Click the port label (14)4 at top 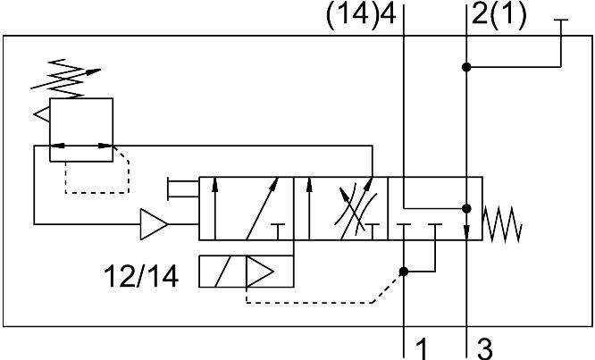click(x=361, y=16)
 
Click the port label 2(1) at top click(x=499, y=16)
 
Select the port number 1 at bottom click(x=422, y=348)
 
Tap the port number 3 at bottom click(x=484, y=348)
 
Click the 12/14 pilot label click(x=141, y=276)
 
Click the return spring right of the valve click(x=502, y=224)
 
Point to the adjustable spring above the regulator click(x=65, y=79)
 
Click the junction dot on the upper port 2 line click(x=466, y=67)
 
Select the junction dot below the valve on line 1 click(x=404, y=272)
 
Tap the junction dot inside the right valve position click(x=466, y=209)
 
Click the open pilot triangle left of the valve click(x=154, y=224)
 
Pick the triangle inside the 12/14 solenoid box click(x=260, y=272)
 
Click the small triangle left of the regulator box click(x=42, y=114)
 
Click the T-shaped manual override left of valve click(x=183, y=188)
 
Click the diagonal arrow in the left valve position click(x=263, y=208)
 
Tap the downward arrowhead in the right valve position click(x=466, y=231)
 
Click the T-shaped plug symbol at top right click(x=561, y=43)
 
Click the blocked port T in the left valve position click(x=279, y=231)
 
